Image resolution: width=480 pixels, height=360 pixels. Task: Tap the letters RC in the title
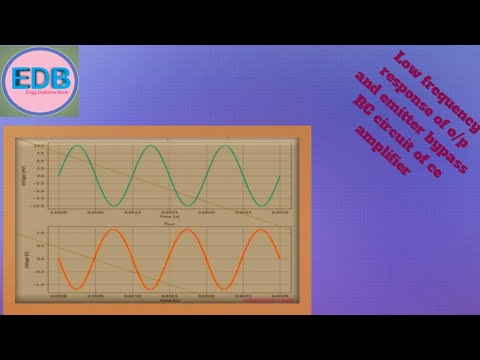pos(361,108)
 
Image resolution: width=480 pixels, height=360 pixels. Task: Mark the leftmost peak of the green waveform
pos(74,149)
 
